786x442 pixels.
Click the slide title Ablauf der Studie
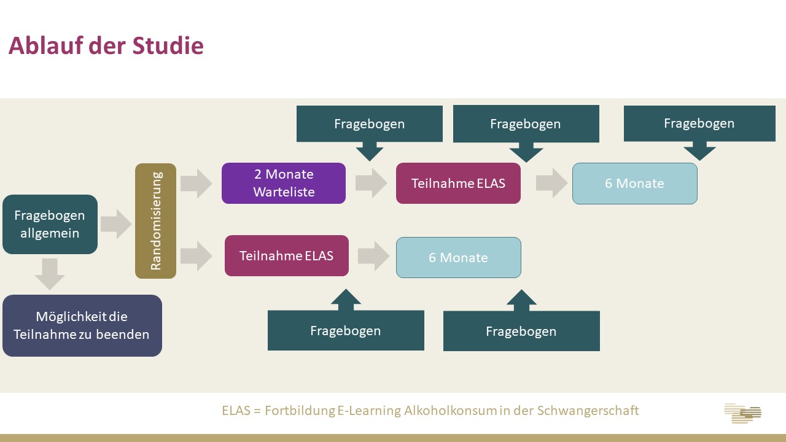(x=106, y=46)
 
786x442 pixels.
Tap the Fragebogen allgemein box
(x=50, y=224)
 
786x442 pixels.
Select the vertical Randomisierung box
(x=155, y=221)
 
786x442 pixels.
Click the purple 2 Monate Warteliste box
(x=284, y=183)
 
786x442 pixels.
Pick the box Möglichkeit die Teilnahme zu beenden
(x=82, y=325)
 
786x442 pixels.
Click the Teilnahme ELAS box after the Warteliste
(x=458, y=183)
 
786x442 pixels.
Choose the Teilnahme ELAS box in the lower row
(x=286, y=255)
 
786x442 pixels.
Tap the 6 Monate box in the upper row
(x=634, y=183)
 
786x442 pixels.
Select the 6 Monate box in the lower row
(x=458, y=257)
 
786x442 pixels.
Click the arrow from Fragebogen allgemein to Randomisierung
(x=116, y=224)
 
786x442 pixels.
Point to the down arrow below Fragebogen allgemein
(x=50, y=274)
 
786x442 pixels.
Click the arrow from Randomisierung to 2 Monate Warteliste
(x=196, y=184)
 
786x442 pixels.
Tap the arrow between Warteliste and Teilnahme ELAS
(x=371, y=183)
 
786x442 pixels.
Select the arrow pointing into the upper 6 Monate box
(x=551, y=183)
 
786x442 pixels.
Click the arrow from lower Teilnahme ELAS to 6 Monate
(x=373, y=255)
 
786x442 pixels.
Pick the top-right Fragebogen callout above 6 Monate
(x=699, y=124)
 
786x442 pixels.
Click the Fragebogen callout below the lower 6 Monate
(x=521, y=330)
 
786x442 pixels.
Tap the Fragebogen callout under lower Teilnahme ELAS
(x=346, y=330)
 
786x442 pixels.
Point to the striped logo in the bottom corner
(x=742, y=413)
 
